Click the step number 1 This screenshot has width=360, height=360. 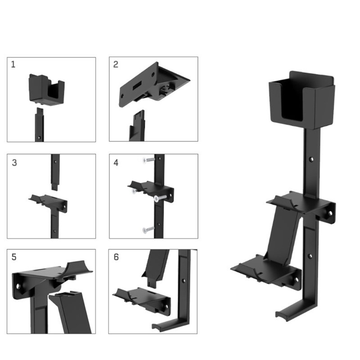(13, 64)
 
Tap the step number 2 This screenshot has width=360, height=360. (116, 64)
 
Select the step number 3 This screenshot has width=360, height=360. (14, 162)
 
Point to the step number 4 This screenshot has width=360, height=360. (116, 162)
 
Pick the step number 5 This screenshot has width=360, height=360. (14, 257)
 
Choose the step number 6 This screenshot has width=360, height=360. (116, 257)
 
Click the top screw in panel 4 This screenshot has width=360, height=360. (148, 160)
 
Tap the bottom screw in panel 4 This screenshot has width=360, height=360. (148, 229)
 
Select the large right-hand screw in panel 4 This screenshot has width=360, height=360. (161, 198)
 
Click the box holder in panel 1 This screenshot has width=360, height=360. (47, 90)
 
